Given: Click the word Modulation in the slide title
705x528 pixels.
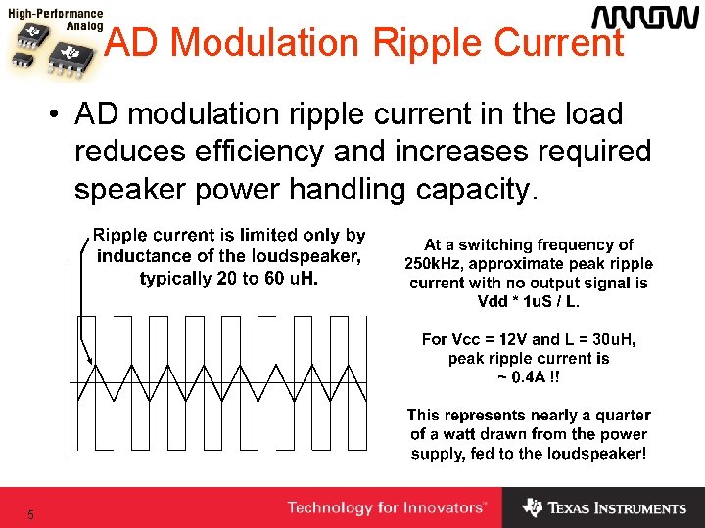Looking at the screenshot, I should [x=264, y=42].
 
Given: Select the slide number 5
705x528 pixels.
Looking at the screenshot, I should [x=31, y=515].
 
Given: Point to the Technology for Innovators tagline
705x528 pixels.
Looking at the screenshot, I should [x=386, y=507].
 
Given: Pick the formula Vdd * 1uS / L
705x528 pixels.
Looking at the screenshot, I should [x=528, y=301].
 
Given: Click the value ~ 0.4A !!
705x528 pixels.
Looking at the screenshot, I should [x=529, y=376].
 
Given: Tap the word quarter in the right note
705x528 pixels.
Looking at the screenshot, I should [x=621, y=416].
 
